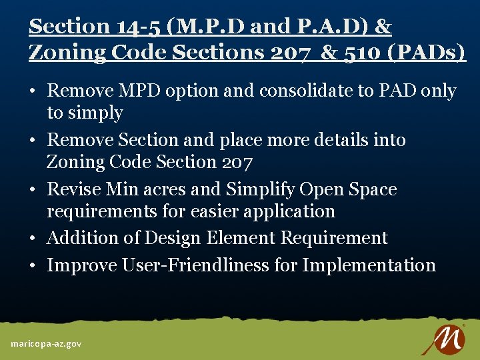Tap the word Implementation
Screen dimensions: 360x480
(369, 265)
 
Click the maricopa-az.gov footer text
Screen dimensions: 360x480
(46, 343)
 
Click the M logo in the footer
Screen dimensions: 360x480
(443, 339)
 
